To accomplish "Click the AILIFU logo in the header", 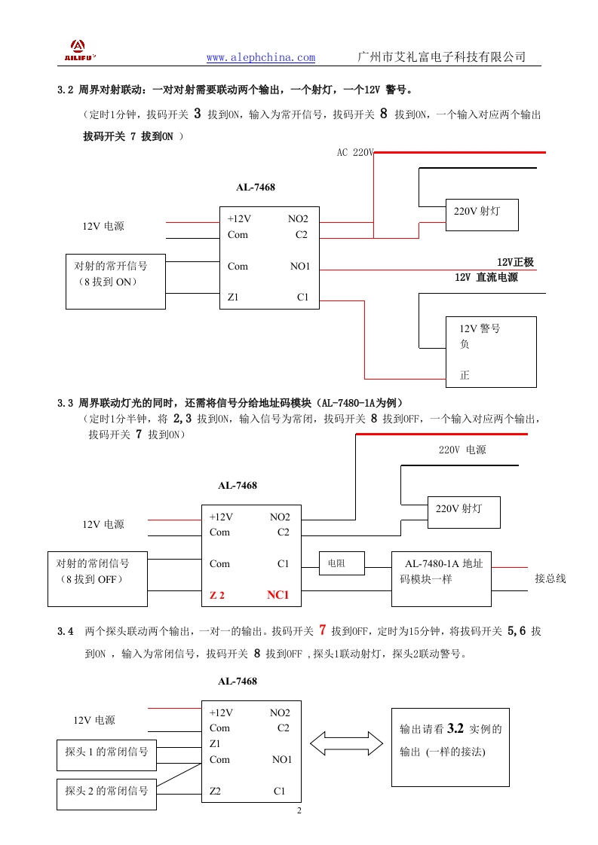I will click(78, 50).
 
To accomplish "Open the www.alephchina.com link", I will click(261, 58).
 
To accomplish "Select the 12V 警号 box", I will click(491, 352).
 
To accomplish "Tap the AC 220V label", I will click(354, 152).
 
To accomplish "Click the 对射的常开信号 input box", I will click(115, 282).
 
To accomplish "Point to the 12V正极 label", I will click(515, 262).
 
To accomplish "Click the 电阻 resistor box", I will click(342, 563).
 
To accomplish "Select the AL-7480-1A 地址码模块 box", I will click(441, 578).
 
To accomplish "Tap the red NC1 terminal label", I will click(278, 595).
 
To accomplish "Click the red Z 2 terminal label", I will click(217, 596).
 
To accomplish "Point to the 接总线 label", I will click(550, 578).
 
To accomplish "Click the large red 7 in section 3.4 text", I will click(322, 630).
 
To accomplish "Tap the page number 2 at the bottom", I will click(299, 811).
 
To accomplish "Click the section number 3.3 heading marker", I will click(65, 404).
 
